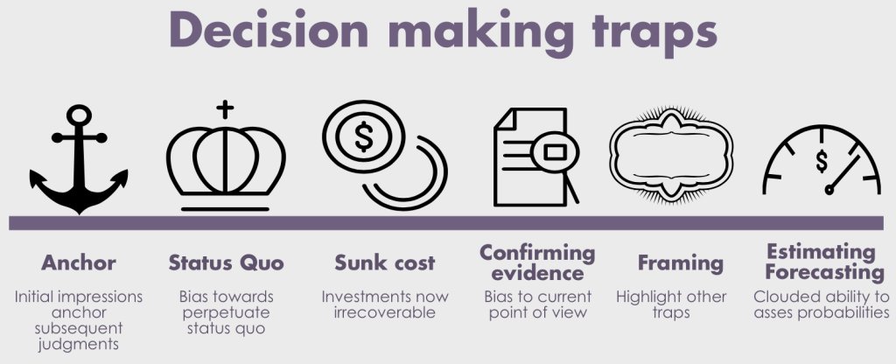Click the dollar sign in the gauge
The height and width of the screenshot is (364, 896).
tap(822, 161)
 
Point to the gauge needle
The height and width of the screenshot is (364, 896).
tap(840, 178)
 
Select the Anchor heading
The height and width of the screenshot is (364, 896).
tap(78, 262)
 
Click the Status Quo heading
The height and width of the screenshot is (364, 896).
tap(226, 262)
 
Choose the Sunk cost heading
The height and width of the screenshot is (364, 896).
tap(385, 262)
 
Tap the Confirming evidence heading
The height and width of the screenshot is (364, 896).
tap(537, 262)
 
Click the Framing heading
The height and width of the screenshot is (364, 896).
tap(681, 262)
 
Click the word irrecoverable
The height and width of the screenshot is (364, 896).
tap(385, 312)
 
